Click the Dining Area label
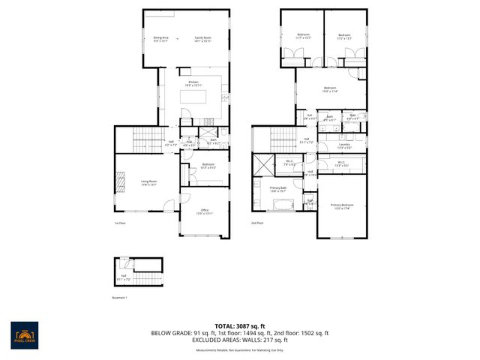[160, 37]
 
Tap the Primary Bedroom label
[341, 205]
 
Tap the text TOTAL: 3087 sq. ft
[240, 325]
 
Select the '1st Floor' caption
[120, 223]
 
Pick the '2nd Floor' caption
[257, 223]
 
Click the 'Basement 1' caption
[121, 297]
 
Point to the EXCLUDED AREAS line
[240, 340]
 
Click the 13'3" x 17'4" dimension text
[341, 208]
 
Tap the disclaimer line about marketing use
[240, 350]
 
